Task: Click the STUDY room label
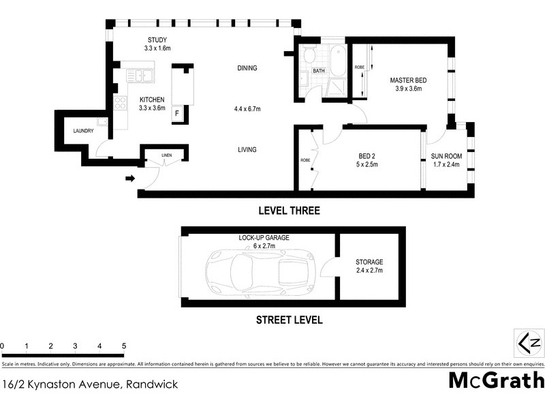pos(157,40)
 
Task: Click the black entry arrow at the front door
pos(130,179)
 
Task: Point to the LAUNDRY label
pos(84,131)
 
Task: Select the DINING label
pos(247,68)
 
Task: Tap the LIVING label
pos(247,150)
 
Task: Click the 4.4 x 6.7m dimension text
pos(247,109)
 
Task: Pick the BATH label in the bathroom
pos(318,71)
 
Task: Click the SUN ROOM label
pos(447,156)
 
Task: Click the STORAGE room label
pos(369,262)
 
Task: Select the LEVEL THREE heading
pos(288,211)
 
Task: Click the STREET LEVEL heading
pos(289,320)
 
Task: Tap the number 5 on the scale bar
pos(124,346)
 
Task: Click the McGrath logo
pos(497,380)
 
